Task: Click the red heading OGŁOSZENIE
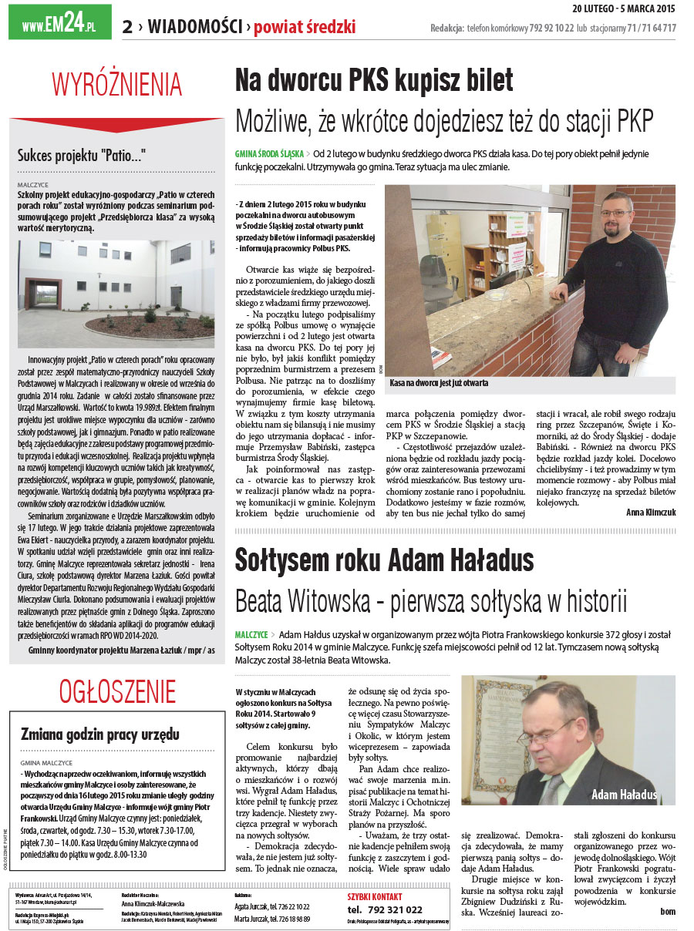click(x=117, y=691)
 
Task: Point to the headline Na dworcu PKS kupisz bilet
click(x=374, y=79)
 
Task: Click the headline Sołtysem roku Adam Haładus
click(x=384, y=557)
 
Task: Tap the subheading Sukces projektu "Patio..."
click(x=82, y=155)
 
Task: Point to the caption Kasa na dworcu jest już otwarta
click(x=439, y=382)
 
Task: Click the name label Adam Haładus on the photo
click(x=624, y=795)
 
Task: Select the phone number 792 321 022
click(x=385, y=909)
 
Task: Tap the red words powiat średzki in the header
click(x=305, y=28)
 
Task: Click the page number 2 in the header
click(x=126, y=28)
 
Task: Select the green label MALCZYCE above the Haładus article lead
click(x=251, y=634)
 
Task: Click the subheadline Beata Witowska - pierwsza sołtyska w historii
click(x=431, y=600)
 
